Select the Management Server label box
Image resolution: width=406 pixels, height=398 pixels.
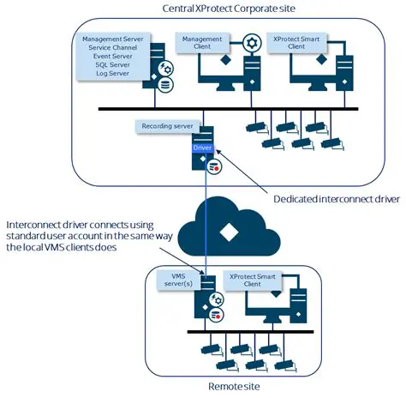[114, 57]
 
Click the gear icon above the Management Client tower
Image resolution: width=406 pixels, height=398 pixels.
[251, 43]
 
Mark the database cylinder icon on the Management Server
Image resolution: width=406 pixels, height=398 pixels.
[165, 84]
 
